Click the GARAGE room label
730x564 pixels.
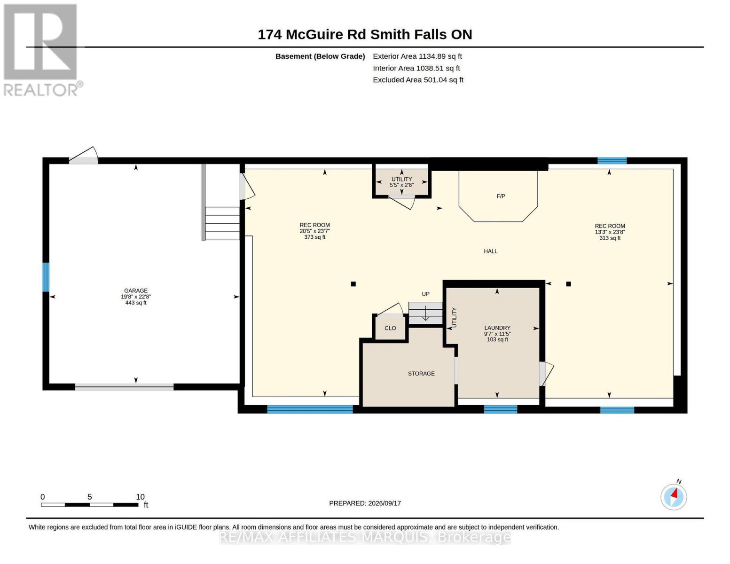click(136, 290)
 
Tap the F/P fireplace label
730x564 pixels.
click(501, 196)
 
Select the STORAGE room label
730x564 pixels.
click(421, 374)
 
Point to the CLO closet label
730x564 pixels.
click(390, 328)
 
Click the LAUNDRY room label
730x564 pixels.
click(497, 328)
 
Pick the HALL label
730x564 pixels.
click(490, 251)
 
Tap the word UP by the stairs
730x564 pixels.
click(425, 294)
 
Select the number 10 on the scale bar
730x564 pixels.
click(140, 497)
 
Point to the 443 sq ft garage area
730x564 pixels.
click(136, 303)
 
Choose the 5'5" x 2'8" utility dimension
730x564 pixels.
click(401, 185)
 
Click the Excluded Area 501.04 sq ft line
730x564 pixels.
click(418, 80)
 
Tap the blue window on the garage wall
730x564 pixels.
click(46, 277)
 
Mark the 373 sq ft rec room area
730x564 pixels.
click(314, 237)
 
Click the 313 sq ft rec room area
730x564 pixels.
click(610, 238)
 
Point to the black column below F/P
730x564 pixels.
click(568, 284)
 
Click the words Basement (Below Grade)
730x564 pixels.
click(320, 56)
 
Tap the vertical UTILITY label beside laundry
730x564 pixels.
click(454, 317)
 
